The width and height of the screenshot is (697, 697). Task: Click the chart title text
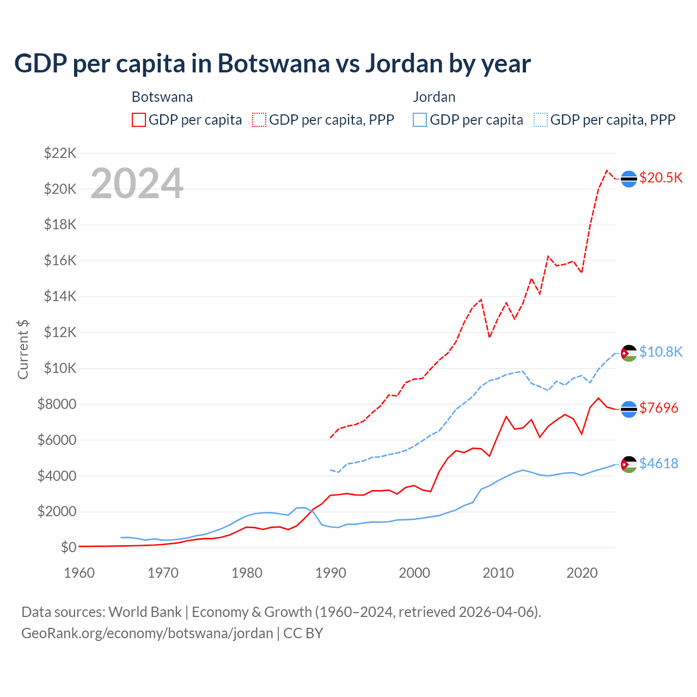pyautogui.click(x=272, y=63)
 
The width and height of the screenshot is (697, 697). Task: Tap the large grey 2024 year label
pyautogui.click(x=137, y=184)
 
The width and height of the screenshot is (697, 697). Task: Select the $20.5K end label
pyautogui.click(x=661, y=178)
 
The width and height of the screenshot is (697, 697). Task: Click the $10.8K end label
pyautogui.click(x=661, y=352)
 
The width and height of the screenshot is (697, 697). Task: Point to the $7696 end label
pyautogui.click(x=659, y=408)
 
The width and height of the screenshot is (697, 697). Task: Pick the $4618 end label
pyautogui.click(x=659, y=463)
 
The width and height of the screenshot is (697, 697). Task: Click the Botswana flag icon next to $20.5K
pyautogui.click(x=629, y=179)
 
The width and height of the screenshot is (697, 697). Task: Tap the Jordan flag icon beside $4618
pyautogui.click(x=629, y=464)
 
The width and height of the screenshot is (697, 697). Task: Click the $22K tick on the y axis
pyautogui.click(x=60, y=153)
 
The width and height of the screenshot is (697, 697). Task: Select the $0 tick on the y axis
pyautogui.click(x=68, y=547)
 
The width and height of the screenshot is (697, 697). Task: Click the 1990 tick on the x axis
pyautogui.click(x=331, y=573)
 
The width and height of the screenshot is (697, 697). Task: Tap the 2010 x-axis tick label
pyautogui.click(x=498, y=573)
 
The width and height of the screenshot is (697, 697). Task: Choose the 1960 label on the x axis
pyautogui.click(x=80, y=573)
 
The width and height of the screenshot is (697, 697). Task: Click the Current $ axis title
pyautogui.click(x=23, y=350)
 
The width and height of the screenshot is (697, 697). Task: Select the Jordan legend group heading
pyautogui.click(x=434, y=97)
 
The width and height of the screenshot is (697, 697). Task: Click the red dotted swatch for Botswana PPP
pyautogui.click(x=260, y=120)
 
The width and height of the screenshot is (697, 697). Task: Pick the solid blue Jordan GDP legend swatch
pyautogui.click(x=420, y=120)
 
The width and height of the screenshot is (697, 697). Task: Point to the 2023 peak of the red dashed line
pyautogui.click(x=607, y=170)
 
